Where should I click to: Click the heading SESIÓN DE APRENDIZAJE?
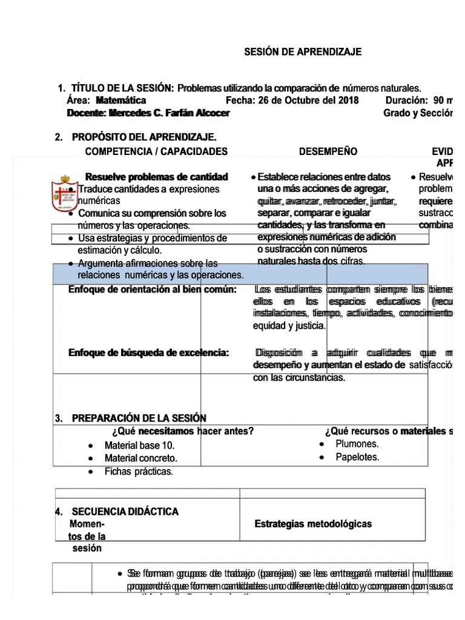(x=302, y=52)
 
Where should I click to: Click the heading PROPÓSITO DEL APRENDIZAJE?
(x=143, y=138)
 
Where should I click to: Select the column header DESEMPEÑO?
(x=328, y=151)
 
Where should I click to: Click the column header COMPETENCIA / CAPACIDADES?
(x=156, y=151)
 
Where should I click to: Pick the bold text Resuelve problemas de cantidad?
(x=157, y=177)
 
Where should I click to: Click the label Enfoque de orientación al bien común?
(x=152, y=289)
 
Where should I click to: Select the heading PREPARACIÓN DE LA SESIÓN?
(x=139, y=418)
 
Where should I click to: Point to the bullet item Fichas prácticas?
(x=139, y=471)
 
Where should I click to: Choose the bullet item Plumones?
(x=357, y=444)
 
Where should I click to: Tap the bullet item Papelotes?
(x=357, y=457)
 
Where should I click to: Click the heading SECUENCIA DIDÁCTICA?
(x=125, y=512)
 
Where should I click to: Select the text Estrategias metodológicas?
(x=313, y=524)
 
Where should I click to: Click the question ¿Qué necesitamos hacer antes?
(x=182, y=431)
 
